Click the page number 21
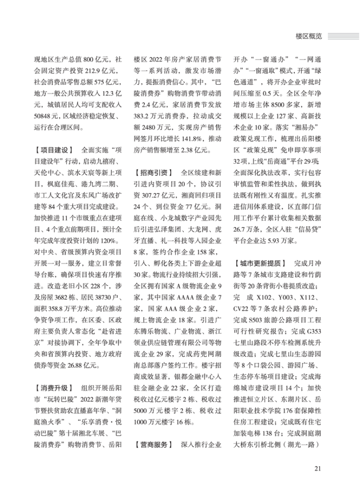click(317, 468)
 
